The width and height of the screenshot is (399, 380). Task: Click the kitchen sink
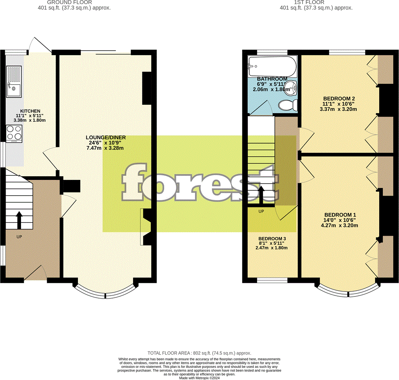click(x=14, y=81)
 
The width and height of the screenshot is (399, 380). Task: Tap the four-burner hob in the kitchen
click(x=14, y=134)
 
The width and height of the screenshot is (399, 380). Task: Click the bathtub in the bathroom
click(x=273, y=66)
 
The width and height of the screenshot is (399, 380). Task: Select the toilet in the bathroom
click(x=288, y=105)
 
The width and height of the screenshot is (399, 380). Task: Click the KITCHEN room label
click(x=30, y=111)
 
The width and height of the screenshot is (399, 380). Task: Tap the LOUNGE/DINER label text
click(x=106, y=138)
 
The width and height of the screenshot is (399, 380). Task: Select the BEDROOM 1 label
click(x=340, y=215)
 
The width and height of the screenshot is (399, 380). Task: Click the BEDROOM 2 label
click(x=339, y=98)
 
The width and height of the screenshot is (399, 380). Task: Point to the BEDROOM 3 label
click(x=272, y=238)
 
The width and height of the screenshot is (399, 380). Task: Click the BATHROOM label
click(x=272, y=79)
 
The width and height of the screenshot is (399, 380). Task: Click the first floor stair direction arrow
click(x=261, y=195)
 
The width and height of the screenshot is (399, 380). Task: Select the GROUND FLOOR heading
click(x=69, y=2)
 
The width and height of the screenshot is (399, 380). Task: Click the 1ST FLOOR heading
click(x=309, y=2)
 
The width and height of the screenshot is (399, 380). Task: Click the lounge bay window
click(x=105, y=293)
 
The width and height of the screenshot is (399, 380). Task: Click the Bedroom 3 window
click(x=272, y=280)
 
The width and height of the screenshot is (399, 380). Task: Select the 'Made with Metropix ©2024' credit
click(x=199, y=378)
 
